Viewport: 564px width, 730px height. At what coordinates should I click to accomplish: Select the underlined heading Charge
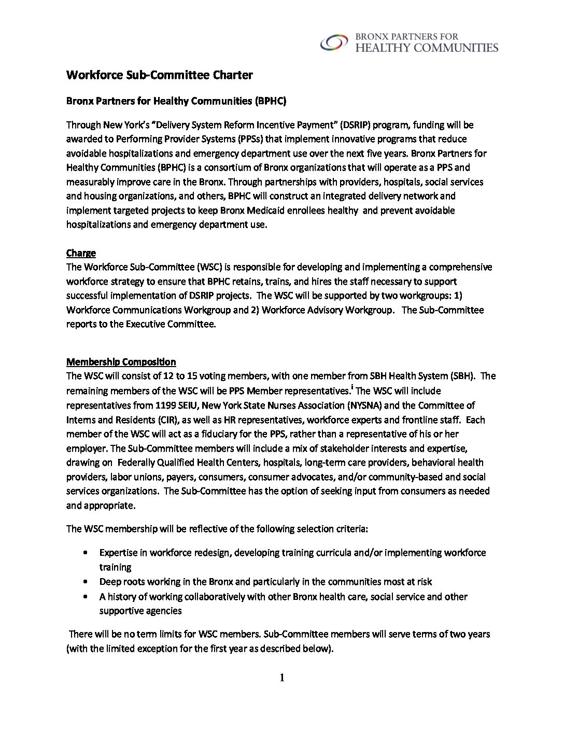[81, 253]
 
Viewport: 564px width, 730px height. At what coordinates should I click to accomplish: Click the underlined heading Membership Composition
[121, 362]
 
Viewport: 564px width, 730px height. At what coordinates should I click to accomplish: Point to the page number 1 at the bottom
[282, 678]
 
